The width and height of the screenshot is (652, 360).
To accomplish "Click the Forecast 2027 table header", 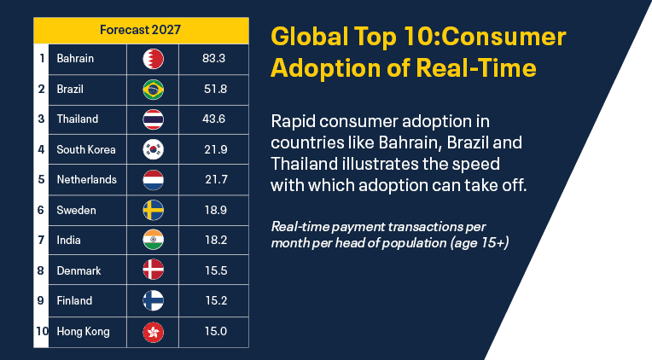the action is [141, 30].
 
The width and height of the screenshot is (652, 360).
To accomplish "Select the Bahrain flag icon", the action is [153, 59].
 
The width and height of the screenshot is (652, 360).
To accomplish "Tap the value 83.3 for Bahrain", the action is [213, 58].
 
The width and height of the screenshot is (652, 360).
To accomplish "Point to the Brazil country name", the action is [70, 89].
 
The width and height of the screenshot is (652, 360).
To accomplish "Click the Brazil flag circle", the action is [153, 90].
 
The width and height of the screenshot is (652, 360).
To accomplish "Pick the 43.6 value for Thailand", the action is [213, 119].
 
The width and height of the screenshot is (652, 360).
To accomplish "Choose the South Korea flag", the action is [153, 149].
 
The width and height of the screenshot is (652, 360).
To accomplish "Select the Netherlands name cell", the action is [86, 180].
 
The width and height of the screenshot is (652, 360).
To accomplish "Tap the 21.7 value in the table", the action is [216, 180].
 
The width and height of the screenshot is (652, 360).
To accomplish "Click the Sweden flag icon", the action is [153, 211].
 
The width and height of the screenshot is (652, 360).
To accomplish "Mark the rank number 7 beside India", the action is [41, 241].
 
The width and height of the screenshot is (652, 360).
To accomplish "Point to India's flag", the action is [153, 240].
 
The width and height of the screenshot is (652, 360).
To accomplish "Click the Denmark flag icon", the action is [153, 270].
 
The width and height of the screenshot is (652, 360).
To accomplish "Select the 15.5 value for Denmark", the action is [216, 270].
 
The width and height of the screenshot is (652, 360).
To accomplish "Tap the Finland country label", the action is [74, 300].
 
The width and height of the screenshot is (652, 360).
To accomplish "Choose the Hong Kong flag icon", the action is [153, 332].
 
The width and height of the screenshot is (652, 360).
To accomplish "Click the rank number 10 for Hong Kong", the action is [42, 331].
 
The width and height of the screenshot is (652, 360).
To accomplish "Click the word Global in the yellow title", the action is [310, 37].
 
